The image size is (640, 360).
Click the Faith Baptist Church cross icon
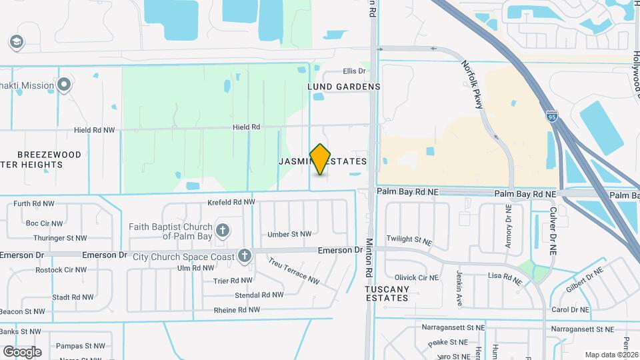pos(223,231)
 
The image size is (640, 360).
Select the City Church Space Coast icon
pos(245,255)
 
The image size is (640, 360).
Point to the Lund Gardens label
pos(344,87)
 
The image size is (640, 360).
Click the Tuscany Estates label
pos(387,293)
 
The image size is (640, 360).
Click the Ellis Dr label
pos(355,71)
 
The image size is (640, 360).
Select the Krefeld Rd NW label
pos(231,202)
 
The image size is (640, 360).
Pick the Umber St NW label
pos(289,234)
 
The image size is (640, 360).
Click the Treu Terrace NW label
pos(294,272)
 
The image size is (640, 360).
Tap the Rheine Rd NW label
pos(237,310)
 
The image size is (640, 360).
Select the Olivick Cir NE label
pos(416,277)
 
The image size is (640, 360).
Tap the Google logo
pos(22,351)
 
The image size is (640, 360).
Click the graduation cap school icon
pos(15,43)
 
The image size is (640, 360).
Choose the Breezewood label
pos(49,155)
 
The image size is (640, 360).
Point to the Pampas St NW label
pos(81,346)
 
